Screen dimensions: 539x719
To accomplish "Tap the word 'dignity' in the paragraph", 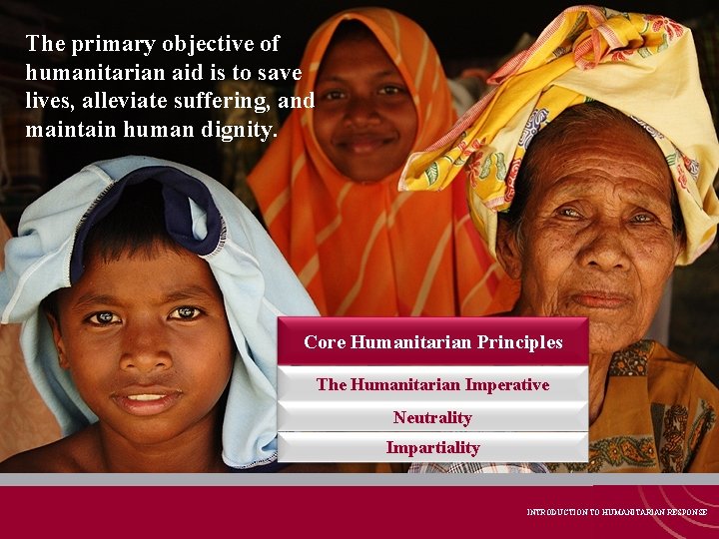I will (237, 130).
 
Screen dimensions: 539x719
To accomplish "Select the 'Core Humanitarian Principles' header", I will (432, 342).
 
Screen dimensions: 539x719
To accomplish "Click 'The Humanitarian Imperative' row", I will (432, 384).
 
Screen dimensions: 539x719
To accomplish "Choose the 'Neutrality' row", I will (432, 417).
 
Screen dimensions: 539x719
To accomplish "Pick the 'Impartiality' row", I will (432, 447).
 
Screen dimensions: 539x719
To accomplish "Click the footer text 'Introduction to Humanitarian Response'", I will (617, 512).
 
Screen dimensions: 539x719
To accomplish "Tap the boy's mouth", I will (146, 400).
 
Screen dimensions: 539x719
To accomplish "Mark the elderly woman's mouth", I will (601, 298).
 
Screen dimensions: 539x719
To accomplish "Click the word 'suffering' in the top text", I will (217, 101).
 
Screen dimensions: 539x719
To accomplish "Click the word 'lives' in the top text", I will (49, 101).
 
